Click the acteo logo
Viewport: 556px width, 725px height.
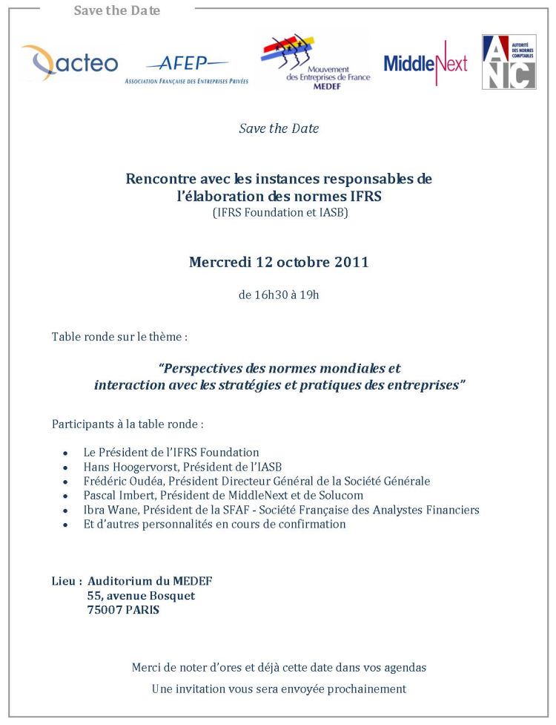pyautogui.click(x=69, y=63)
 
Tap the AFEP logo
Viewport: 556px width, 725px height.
pyautogui.click(x=187, y=68)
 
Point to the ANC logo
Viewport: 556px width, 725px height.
pyautogui.click(x=509, y=62)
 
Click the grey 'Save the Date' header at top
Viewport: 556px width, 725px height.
pyautogui.click(x=117, y=10)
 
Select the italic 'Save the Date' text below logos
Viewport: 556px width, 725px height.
pyautogui.click(x=279, y=128)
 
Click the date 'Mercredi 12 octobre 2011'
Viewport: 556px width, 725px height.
pyautogui.click(x=279, y=262)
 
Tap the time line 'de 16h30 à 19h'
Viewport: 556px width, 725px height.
pyautogui.click(x=279, y=295)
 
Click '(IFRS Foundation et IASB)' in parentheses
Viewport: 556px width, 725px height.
pyautogui.click(x=279, y=213)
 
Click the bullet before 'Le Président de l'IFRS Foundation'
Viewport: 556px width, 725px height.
pyautogui.click(x=66, y=453)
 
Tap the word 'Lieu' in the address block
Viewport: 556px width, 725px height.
pyautogui.click(x=64, y=581)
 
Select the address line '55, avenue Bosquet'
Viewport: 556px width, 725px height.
pyautogui.click(x=141, y=596)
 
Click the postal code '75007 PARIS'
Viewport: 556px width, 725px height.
pyautogui.click(x=122, y=610)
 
